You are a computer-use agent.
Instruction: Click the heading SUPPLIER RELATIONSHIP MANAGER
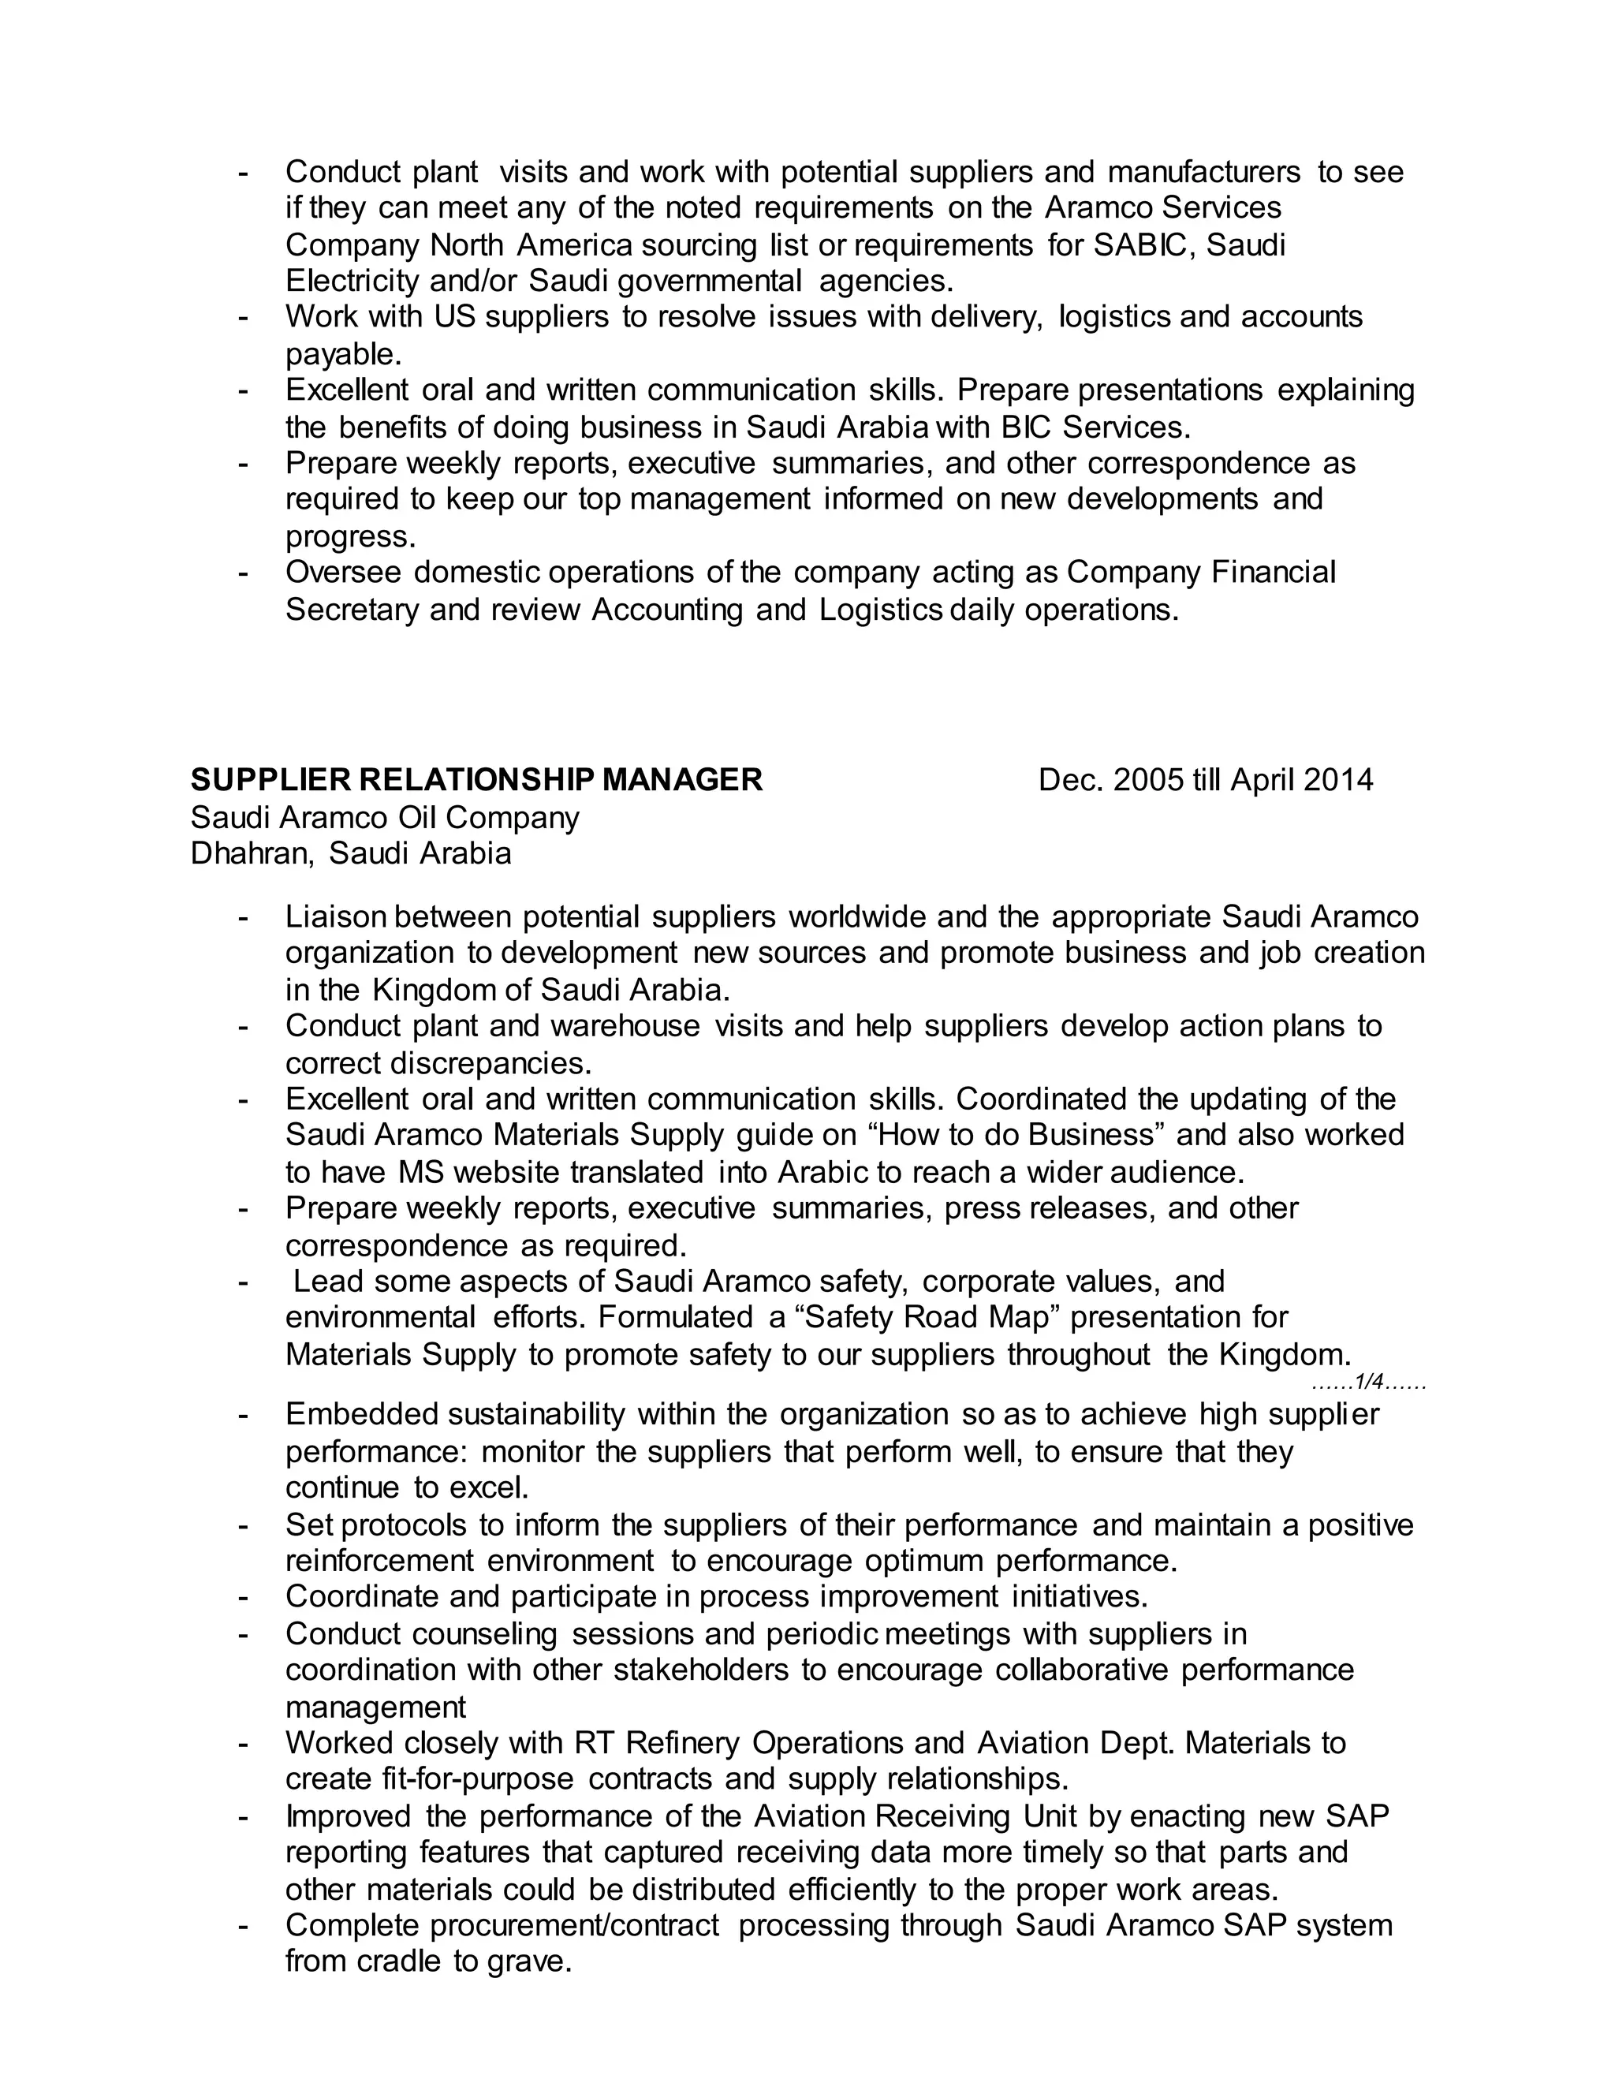point(476,780)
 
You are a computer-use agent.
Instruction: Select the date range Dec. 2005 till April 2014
point(1206,780)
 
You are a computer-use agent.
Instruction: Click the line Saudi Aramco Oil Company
point(385,817)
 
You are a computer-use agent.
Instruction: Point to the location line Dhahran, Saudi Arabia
point(350,853)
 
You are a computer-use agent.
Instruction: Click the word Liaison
point(336,916)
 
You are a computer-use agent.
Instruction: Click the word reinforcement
point(379,1561)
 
